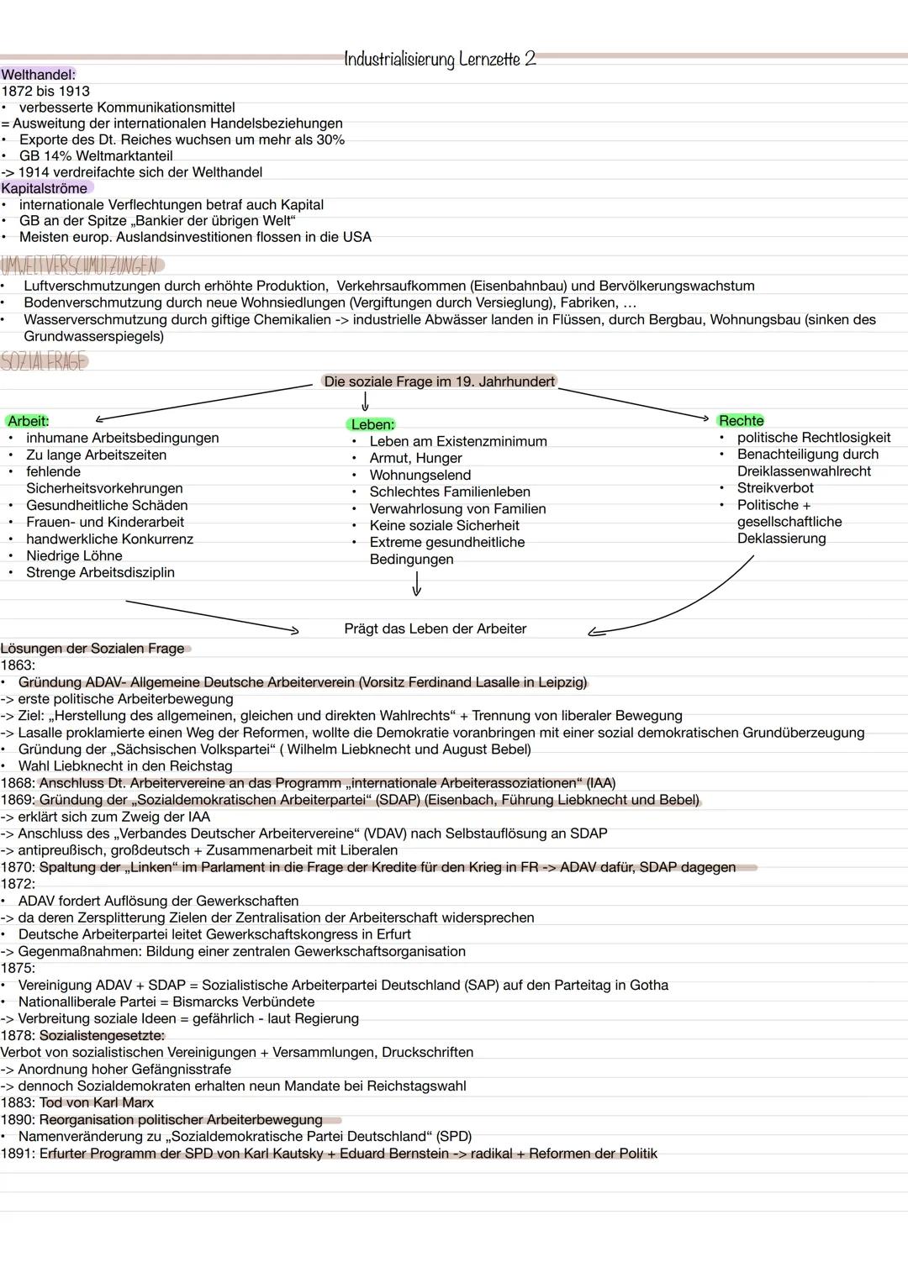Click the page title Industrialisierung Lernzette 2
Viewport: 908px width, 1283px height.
tap(440, 60)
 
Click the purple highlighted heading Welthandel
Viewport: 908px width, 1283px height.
tap(39, 75)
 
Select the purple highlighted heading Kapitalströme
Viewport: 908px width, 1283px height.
tap(45, 188)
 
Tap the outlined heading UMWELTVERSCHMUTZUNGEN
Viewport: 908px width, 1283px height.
tap(79, 266)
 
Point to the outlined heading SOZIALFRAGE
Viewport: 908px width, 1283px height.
tap(44, 362)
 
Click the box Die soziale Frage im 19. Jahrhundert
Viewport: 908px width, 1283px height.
tap(439, 381)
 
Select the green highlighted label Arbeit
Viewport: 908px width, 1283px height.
tap(29, 421)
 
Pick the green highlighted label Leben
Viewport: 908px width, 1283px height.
tap(372, 424)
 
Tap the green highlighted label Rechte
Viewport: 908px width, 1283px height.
tap(741, 421)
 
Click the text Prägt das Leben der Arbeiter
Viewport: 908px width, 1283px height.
tap(435, 628)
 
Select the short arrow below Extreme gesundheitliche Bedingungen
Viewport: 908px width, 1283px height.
tap(416, 583)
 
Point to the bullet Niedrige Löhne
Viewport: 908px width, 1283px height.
tap(74, 555)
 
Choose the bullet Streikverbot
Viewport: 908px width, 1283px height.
tap(774, 488)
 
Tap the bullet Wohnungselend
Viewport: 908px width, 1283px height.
tap(420, 475)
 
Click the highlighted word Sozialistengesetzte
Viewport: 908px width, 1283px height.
tap(102, 1035)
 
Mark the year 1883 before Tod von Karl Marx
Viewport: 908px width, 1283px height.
tap(17, 1102)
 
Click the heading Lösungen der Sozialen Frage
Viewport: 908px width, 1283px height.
tap(92, 649)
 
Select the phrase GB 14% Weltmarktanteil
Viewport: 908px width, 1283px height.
tap(96, 155)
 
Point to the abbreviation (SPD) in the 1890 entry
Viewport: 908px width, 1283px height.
tap(454, 1136)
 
